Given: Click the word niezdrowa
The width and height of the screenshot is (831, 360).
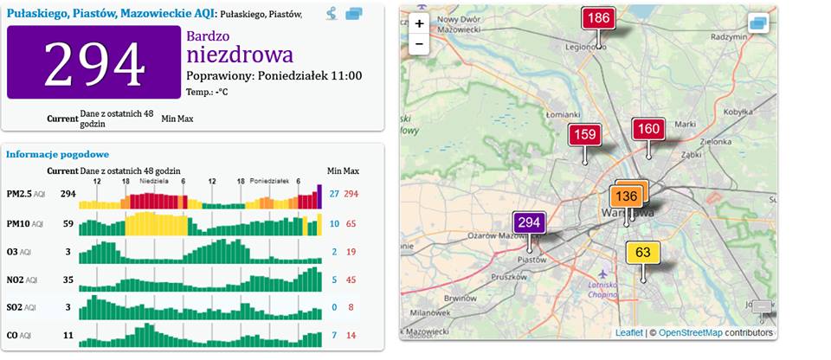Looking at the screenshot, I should (x=240, y=55).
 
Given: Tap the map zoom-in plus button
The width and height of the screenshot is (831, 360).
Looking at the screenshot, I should (x=419, y=24).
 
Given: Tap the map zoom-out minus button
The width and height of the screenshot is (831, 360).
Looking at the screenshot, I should (x=419, y=43).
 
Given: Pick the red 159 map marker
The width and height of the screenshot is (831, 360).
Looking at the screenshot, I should (x=585, y=135).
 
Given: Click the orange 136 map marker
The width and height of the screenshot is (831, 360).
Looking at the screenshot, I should (x=627, y=196).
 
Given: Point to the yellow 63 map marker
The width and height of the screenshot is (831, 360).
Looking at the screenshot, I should (x=642, y=254).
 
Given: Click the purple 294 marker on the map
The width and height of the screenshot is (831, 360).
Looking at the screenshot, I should (x=529, y=222).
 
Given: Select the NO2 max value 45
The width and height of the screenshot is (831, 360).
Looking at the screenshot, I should (x=351, y=280).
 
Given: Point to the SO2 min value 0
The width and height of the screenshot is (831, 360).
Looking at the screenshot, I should (x=334, y=307).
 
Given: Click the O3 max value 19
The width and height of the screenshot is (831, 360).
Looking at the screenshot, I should (x=351, y=252).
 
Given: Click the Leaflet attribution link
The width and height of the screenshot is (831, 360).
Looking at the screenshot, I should (x=629, y=333).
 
